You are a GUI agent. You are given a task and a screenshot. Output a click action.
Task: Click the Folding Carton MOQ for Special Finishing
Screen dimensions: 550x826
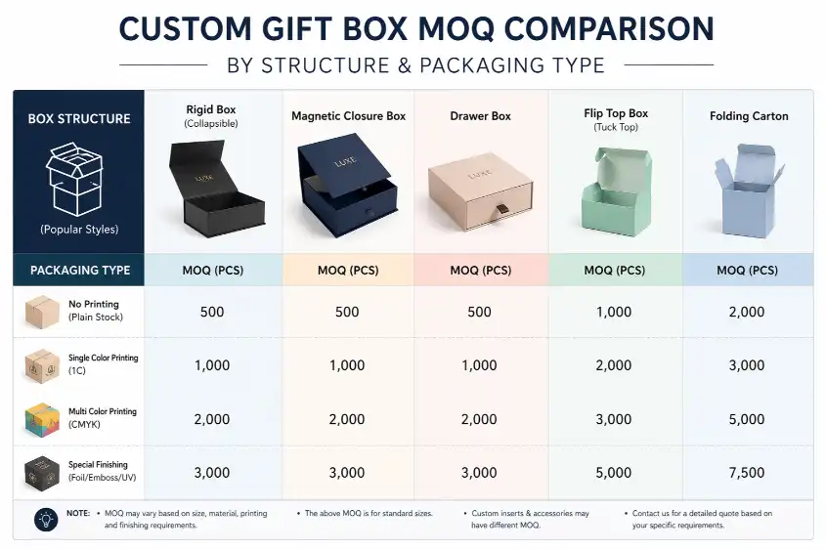pyautogui.click(x=748, y=473)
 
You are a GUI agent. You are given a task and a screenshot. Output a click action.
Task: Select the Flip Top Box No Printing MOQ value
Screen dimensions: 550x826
pyautogui.click(x=614, y=313)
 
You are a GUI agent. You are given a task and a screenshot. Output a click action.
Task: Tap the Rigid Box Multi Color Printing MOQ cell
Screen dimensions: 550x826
pyautogui.click(x=212, y=419)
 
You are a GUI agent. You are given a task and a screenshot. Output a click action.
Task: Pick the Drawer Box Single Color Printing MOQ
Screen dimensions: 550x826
pyautogui.click(x=480, y=365)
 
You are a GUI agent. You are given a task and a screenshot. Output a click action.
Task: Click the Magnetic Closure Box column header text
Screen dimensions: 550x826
pyautogui.click(x=348, y=116)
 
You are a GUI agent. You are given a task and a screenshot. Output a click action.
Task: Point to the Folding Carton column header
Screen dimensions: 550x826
pyautogui.click(x=749, y=116)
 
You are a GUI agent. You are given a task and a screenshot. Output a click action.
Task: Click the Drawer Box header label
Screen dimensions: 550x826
pyautogui.click(x=480, y=116)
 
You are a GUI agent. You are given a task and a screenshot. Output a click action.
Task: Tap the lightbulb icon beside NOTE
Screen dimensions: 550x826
pyautogui.click(x=45, y=519)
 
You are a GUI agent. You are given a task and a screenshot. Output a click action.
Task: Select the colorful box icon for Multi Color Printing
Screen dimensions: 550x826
pyautogui.click(x=41, y=419)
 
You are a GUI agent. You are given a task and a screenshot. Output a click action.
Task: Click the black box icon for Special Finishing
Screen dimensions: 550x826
pyautogui.click(x=41, y=473)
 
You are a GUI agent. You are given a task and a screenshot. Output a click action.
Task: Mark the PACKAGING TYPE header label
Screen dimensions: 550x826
pyautogui.click(x=79, y=271)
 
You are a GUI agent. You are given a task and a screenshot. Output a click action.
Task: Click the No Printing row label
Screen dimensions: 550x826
pyautogui.click(x=94, y=311)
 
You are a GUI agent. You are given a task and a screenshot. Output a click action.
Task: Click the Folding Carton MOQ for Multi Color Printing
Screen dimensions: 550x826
pyautogui.click(x=748, y=419)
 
